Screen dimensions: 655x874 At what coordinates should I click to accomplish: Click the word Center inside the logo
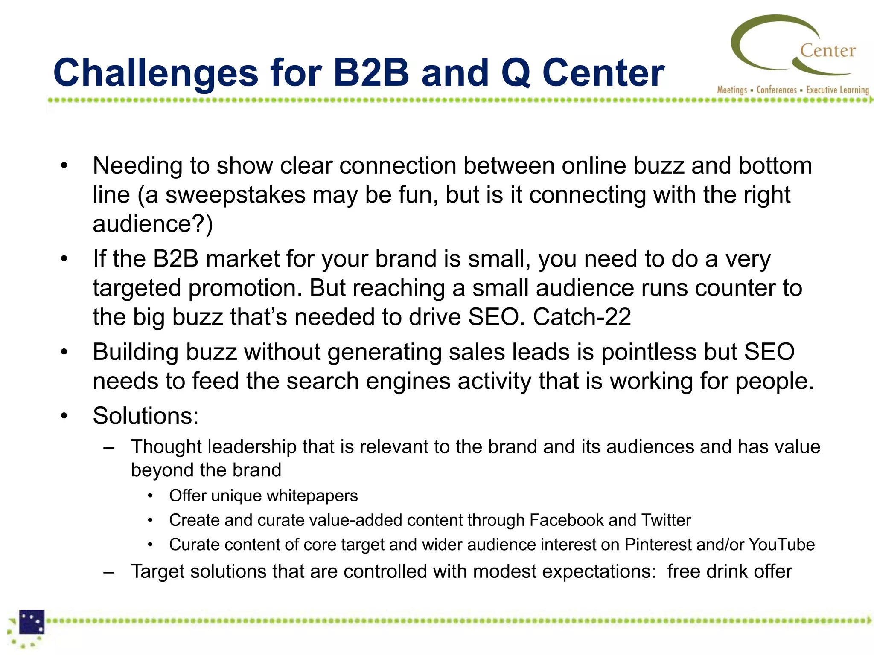pyautogui.click(x=827, y=51)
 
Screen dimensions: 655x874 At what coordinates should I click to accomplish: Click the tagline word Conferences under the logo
pyautogui.click(x=776, y=90)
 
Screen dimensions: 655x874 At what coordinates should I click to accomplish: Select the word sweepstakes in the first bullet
pyautogui.click(x=235, y=195)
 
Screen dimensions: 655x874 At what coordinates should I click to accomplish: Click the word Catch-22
pyautogui.click(x=582, y=317)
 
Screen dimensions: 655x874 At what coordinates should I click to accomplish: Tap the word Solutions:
pyautogui.click(x=146, y=416)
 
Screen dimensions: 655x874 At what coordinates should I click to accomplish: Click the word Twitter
pyautogui.click(x=666, y=520)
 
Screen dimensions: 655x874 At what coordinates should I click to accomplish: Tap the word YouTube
pyautogui.click(x=781, y=545)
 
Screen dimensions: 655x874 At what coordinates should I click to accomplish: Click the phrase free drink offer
pyautogui.click(x=729, y=571)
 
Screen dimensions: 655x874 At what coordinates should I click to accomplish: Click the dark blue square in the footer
pyautogui.click(x=32, y=622)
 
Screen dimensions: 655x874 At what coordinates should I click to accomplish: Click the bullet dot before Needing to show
pyautogui.click(x=64, y=166)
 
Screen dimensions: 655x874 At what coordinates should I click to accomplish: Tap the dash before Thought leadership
pyautogui.click(x=109, y=448)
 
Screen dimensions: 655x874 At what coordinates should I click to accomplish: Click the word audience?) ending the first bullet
pyautogui.click(x=152, y=224)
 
